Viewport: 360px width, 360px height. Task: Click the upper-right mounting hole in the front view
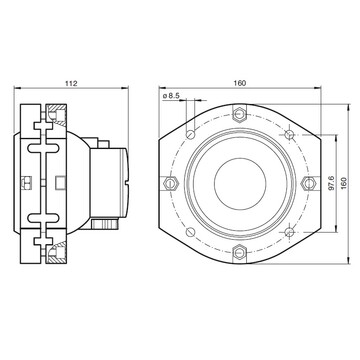click(289, 134)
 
